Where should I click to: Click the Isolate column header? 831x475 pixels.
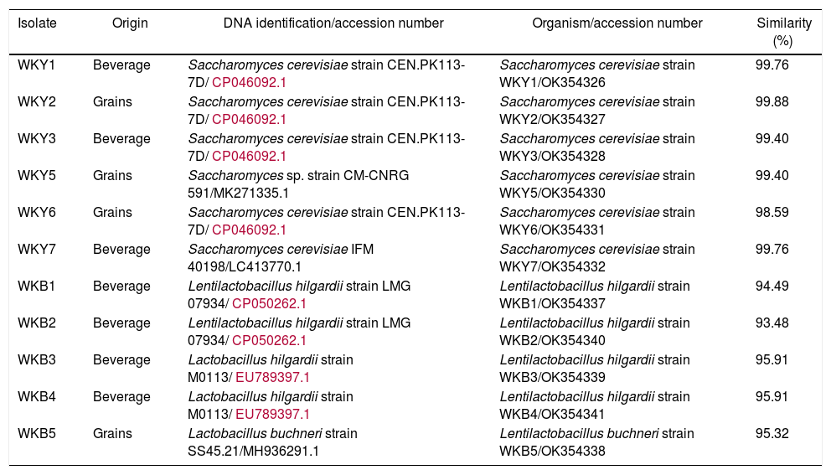point(37,23)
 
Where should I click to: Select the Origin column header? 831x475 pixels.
point(130,23)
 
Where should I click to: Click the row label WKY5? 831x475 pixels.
point(37,175)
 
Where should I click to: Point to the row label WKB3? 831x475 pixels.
point(37,359)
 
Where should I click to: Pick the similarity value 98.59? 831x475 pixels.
point(772,212)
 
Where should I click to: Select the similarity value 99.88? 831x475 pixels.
point(772,101)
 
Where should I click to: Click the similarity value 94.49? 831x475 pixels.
point(772,286)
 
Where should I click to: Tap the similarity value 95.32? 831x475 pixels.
point(772,433)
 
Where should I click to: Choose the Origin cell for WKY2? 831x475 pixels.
point(112,101)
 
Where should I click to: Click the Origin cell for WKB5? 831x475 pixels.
point(112,433)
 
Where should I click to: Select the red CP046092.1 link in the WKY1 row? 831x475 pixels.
point(250,82)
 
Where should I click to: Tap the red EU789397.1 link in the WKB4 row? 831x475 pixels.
point(272,414)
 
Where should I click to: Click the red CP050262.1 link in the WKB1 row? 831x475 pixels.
point(269,303)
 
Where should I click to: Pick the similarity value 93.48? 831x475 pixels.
point(772,323)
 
